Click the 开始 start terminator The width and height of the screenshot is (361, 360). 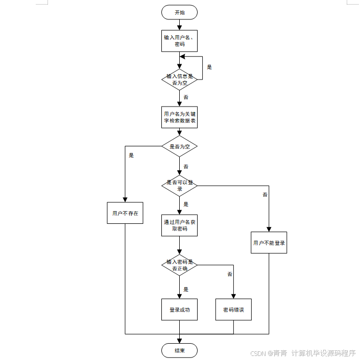[x=179, y=12]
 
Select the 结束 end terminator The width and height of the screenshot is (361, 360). [x=179, y=350]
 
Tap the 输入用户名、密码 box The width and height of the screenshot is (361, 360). [x=179, y=41]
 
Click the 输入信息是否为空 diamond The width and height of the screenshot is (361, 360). [x=179, y=79]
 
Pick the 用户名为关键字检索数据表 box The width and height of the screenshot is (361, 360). [x=179, y=117]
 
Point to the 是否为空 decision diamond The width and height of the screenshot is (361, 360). [x=179, y=146]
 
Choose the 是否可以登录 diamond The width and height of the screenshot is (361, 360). [x=179, y=185]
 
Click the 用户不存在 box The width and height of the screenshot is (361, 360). [x=125, y=213]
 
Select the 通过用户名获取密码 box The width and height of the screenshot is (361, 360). [x=179, y=225]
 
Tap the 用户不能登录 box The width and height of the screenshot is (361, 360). [x=269, y=243]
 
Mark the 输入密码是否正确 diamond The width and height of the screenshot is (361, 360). [x=179, y=265]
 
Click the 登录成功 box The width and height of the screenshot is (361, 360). [x=179, y=310]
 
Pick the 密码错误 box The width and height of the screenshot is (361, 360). [x=233, y=310]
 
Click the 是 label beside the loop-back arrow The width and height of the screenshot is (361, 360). [x=209, y=67]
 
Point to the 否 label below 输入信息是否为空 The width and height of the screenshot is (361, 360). [x=186, y=97]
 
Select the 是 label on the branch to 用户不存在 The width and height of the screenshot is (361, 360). [x=131, y=156]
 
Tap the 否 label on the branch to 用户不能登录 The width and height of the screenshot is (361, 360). [x=265, y=195]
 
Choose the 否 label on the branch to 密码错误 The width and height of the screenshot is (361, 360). [x=230, y=274]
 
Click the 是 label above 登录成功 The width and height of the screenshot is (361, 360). [x=186, y=289]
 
